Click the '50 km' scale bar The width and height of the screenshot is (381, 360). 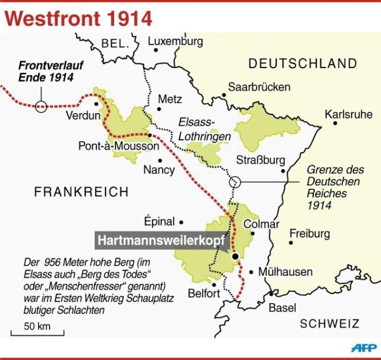[x=37, y=331]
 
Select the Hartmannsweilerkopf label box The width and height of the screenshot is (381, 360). [x=159, y=240]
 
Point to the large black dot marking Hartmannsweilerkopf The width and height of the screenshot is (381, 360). [x=236, y=257]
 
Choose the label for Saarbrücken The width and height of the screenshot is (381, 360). [x=259, y=87]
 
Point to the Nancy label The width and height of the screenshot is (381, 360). [x=158, y=170]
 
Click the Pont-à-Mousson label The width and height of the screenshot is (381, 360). [x=118, y=147]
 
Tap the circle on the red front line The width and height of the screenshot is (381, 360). [x=40, y=106]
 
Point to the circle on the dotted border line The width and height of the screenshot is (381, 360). [x=235, y=182]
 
